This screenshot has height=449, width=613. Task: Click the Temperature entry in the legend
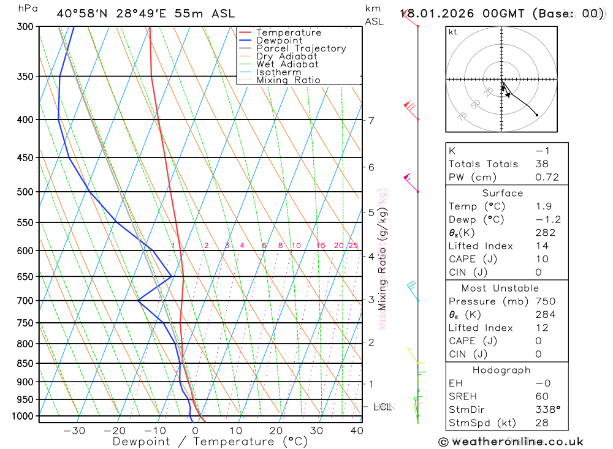(288, 32)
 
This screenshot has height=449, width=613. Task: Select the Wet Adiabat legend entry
(287, 64)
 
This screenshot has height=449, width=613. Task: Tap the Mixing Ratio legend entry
(288, 80)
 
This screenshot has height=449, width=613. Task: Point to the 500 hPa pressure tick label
(26, 192)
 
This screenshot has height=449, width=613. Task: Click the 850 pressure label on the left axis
(26, 363)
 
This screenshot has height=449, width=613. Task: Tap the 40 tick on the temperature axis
(356, 431)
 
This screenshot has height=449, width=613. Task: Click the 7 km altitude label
(371, 120)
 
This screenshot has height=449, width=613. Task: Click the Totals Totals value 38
(542, 164)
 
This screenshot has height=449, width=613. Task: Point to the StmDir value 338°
(547, 410)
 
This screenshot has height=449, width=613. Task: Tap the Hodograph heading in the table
(501, 370)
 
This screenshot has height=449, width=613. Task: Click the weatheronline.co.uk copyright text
(511, 442)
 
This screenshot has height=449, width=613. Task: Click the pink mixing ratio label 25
(353, 246)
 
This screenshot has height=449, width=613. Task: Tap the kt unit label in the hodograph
(453, 32)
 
